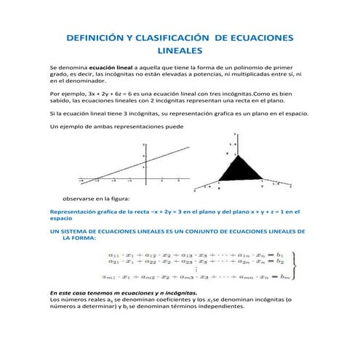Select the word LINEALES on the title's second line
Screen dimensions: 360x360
pyautogui.click(x=180, y=51)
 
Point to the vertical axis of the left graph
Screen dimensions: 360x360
pyautogui.click(x=145, y=164)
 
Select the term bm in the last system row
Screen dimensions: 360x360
pyautogui.click(x=284, y=276)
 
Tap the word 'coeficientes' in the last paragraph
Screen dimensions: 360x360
pyautogui.click(x=169, y=299)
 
